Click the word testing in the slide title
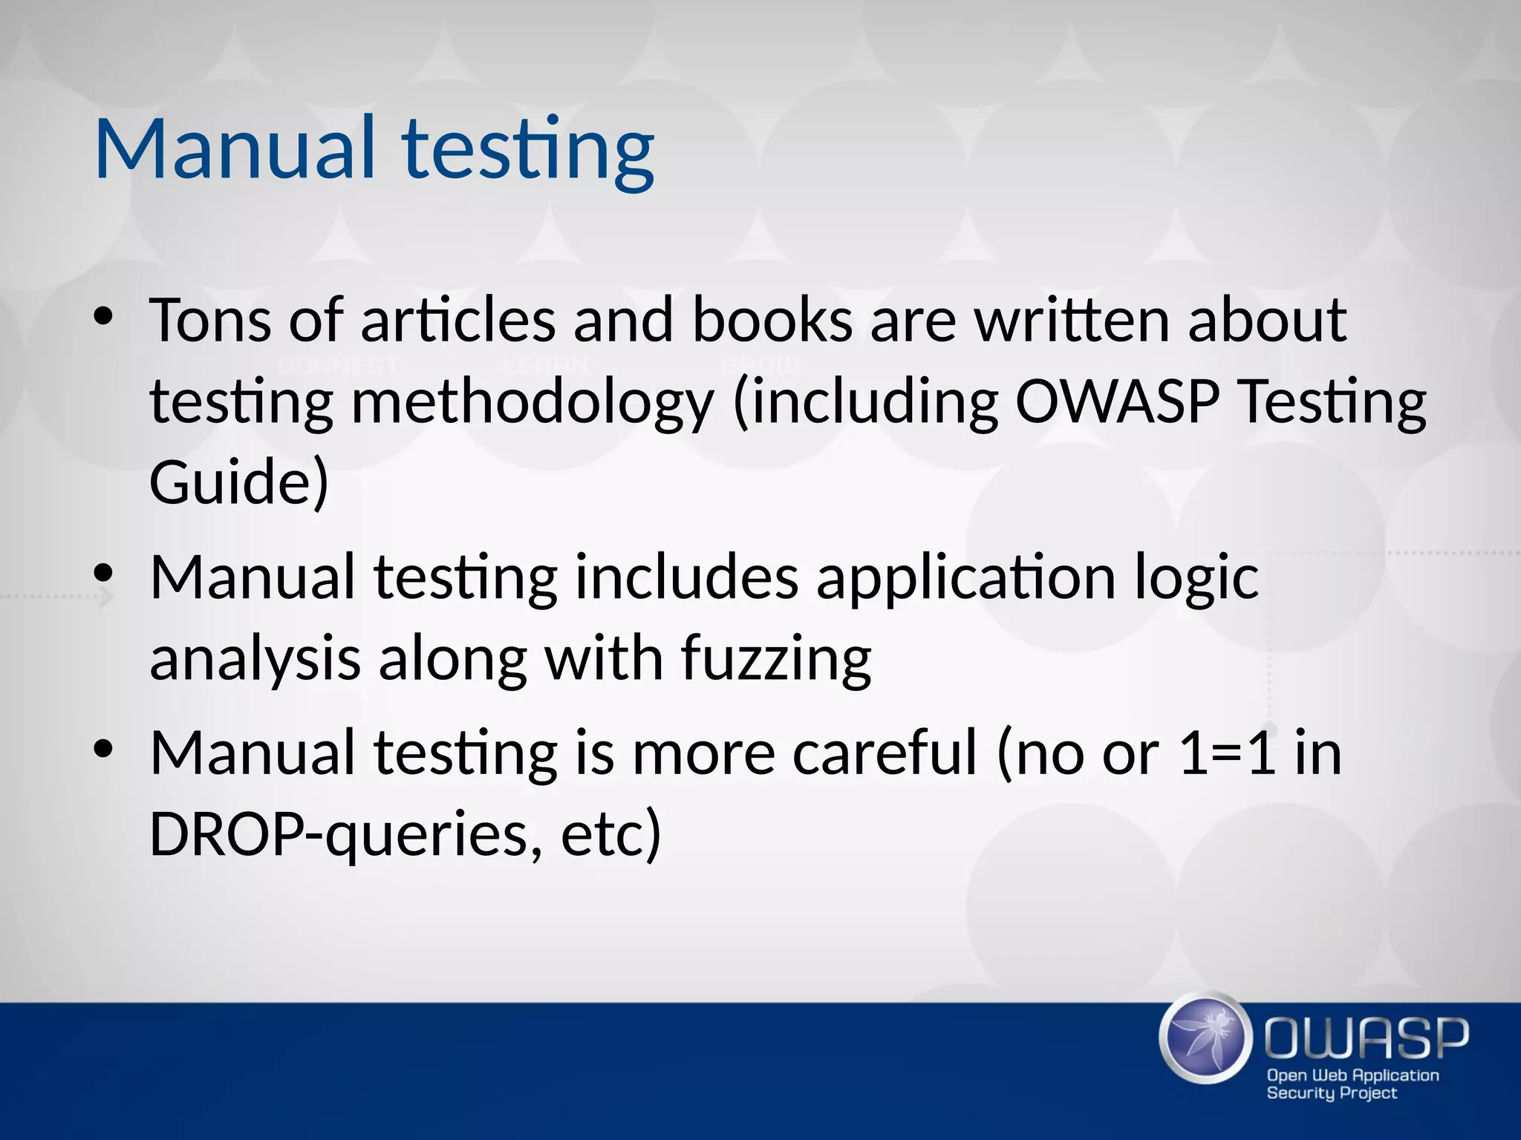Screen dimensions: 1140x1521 click(x=528, y=151)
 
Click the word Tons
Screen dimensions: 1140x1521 click(x=210, y=321)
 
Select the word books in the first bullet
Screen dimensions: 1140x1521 click(x=772, y=321)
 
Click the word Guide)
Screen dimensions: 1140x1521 click(x=238, y=482)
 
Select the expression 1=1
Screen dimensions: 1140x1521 click(x=1227, y=753)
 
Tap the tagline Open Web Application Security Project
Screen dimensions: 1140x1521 click(x=1352, y=1084)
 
